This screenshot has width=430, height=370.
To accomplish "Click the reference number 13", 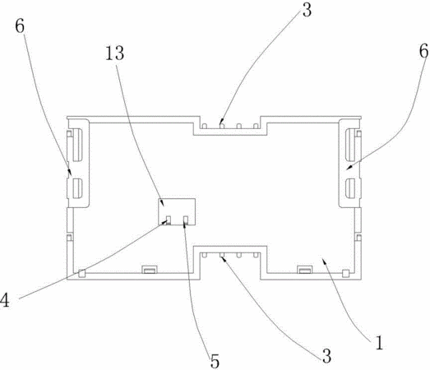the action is click(114, 53).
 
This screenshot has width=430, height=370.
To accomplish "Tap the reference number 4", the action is click(5, 300).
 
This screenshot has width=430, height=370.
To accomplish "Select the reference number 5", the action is click(215, 361).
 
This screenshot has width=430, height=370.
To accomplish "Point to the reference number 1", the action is click(379, 342).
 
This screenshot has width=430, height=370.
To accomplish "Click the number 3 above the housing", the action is click(307, 10).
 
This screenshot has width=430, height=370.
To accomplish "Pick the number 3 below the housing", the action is click(326, 356).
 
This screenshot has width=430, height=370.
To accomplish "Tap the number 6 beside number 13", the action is click(20, 26).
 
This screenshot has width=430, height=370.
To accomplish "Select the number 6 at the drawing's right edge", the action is click(424, 51).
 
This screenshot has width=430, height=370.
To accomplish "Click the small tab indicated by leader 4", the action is click(169, 220).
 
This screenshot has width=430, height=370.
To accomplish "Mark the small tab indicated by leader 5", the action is click(186, 220).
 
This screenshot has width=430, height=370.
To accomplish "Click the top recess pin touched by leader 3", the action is click(222, 126).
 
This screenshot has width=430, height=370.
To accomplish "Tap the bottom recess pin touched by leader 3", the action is click(222, 255).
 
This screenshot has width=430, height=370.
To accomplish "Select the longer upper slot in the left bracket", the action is click(77, 144).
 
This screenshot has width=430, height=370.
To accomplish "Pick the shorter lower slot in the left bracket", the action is click(77, 188).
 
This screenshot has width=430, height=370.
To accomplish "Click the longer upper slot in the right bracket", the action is click(350, 144).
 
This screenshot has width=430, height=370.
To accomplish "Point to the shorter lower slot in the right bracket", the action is click(350, 188).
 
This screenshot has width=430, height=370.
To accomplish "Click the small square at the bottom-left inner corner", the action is click(81, 273).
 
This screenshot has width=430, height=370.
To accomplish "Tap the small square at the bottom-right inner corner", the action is click(346, 273).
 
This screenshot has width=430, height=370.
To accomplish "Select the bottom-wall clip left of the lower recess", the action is click(150, 270).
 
